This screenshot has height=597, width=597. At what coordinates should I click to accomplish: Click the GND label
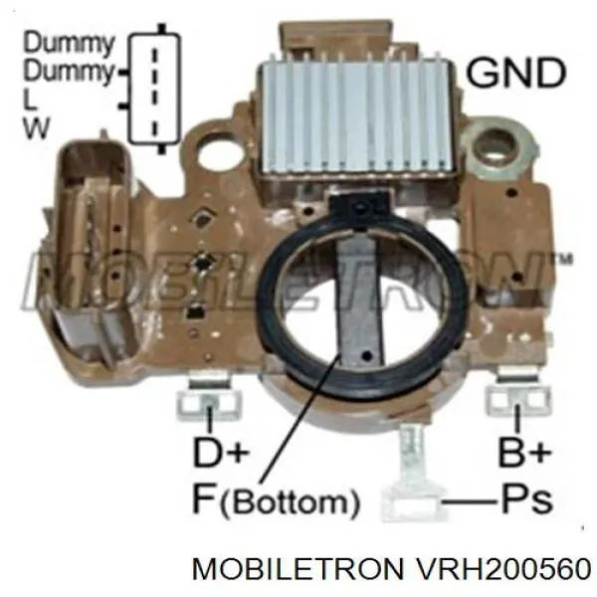point(515,73)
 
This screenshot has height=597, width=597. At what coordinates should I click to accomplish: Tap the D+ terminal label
point(221,452)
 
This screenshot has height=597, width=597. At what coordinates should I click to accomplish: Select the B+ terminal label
point(525,452)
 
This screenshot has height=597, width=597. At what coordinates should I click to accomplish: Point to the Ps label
point(527,498)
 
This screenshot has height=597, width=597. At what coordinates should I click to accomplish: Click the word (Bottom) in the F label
point(291,501)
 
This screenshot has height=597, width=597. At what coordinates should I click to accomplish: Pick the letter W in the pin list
point(37,127)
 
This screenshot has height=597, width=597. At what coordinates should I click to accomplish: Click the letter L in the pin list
point(30,99)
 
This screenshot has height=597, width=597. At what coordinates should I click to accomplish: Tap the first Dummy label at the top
point(69,43)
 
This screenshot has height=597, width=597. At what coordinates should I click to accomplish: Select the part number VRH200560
point(503,569)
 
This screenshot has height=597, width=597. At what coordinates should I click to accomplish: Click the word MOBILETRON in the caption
point(298,569)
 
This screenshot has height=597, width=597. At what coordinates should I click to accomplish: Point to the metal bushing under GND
point(496,151)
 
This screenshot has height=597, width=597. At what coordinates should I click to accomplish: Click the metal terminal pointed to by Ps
point(412,481)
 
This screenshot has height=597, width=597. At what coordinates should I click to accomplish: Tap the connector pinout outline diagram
point(154,89)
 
